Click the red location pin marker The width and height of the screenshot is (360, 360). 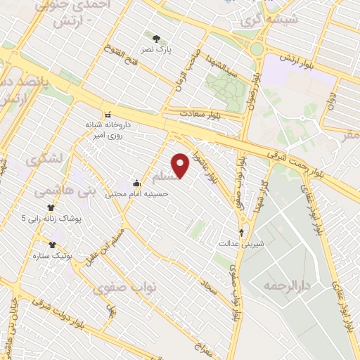181,165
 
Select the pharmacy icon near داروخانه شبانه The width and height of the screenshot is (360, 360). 107,115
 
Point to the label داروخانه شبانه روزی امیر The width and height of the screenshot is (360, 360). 109,129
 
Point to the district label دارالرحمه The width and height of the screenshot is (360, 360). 286,286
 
